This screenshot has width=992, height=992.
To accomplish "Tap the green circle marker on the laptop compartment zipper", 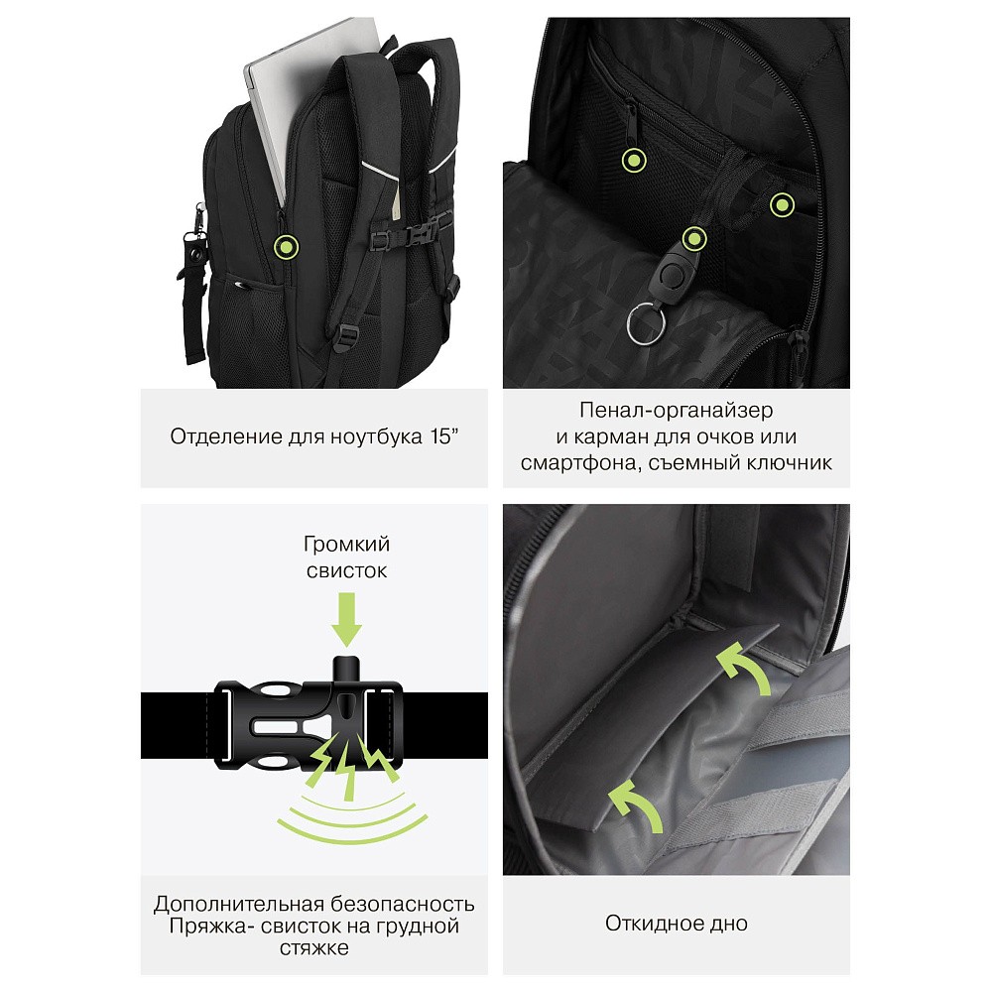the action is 286,246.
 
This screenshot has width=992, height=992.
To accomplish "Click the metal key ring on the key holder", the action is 646,324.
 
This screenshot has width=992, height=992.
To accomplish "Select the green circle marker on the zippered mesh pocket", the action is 633,160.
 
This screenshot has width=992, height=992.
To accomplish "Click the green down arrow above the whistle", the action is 346,619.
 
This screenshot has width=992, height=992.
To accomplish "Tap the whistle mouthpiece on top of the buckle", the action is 346,671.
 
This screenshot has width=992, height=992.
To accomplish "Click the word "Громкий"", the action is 346,544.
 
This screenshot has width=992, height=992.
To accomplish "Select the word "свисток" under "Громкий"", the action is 346,570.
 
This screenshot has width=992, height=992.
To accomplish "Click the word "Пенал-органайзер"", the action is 676,411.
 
